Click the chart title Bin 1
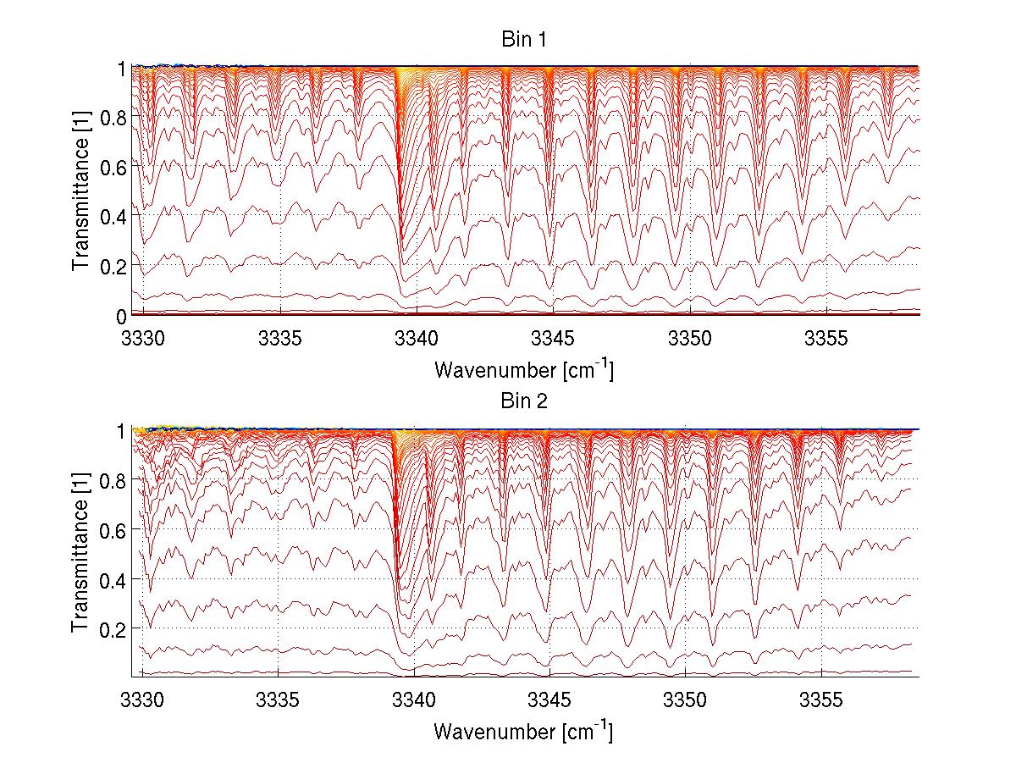[523, 39]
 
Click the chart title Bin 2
[523, 401]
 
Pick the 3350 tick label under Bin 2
[687, 699]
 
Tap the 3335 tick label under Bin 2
[279, 699]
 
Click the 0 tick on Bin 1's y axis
[121, 316]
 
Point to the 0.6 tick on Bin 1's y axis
[113, 167]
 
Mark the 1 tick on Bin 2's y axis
[122, 431]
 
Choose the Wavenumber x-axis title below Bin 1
[523, 370]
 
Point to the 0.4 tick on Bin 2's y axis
[113, 580]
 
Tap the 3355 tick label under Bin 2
[822, 699]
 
